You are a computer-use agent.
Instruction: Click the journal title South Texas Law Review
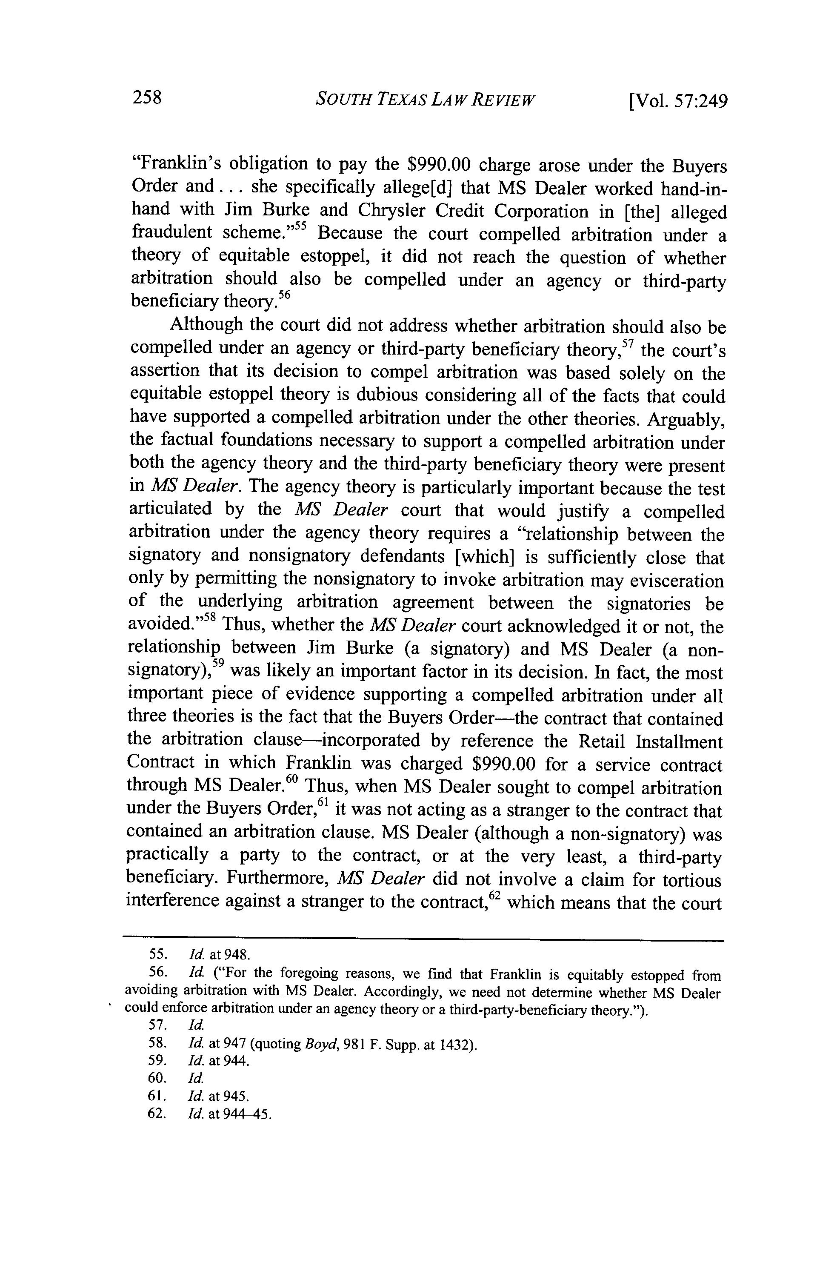click(x=425, y=100)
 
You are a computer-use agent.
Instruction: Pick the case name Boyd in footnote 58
click(x=314, y=1045)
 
